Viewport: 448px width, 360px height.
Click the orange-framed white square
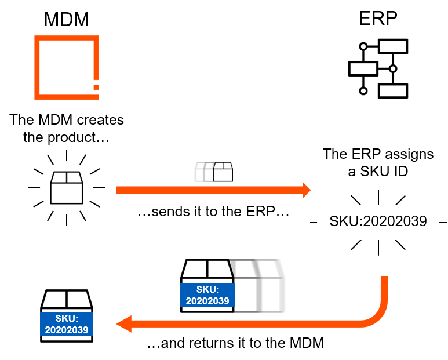tap(66, 67)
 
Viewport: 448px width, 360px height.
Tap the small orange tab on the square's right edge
tap(96, 87)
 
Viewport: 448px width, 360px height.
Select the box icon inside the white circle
tap(66, 188)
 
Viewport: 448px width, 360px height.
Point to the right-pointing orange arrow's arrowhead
tap(307, 190)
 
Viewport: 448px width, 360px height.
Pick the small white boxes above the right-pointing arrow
tap(214, 172)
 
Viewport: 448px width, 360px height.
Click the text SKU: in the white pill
tap(345, 221)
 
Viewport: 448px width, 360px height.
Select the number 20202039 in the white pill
tap(395, 221)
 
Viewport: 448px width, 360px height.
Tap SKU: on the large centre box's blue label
tap(207, 290)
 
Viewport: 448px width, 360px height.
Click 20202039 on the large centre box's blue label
tap(207, 301)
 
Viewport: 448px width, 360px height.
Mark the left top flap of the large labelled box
tap(195, 270)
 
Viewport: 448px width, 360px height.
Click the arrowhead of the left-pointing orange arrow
tap(123, 323)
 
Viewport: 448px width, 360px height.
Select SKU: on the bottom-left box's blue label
tap(67, 319)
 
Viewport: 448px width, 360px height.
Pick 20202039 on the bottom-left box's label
tap(67, 330)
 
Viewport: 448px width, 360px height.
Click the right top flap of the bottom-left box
tap(79, 300)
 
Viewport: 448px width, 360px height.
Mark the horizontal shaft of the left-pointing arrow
tap(243, 323)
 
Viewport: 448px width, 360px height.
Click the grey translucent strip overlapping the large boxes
tap(246, 286)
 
